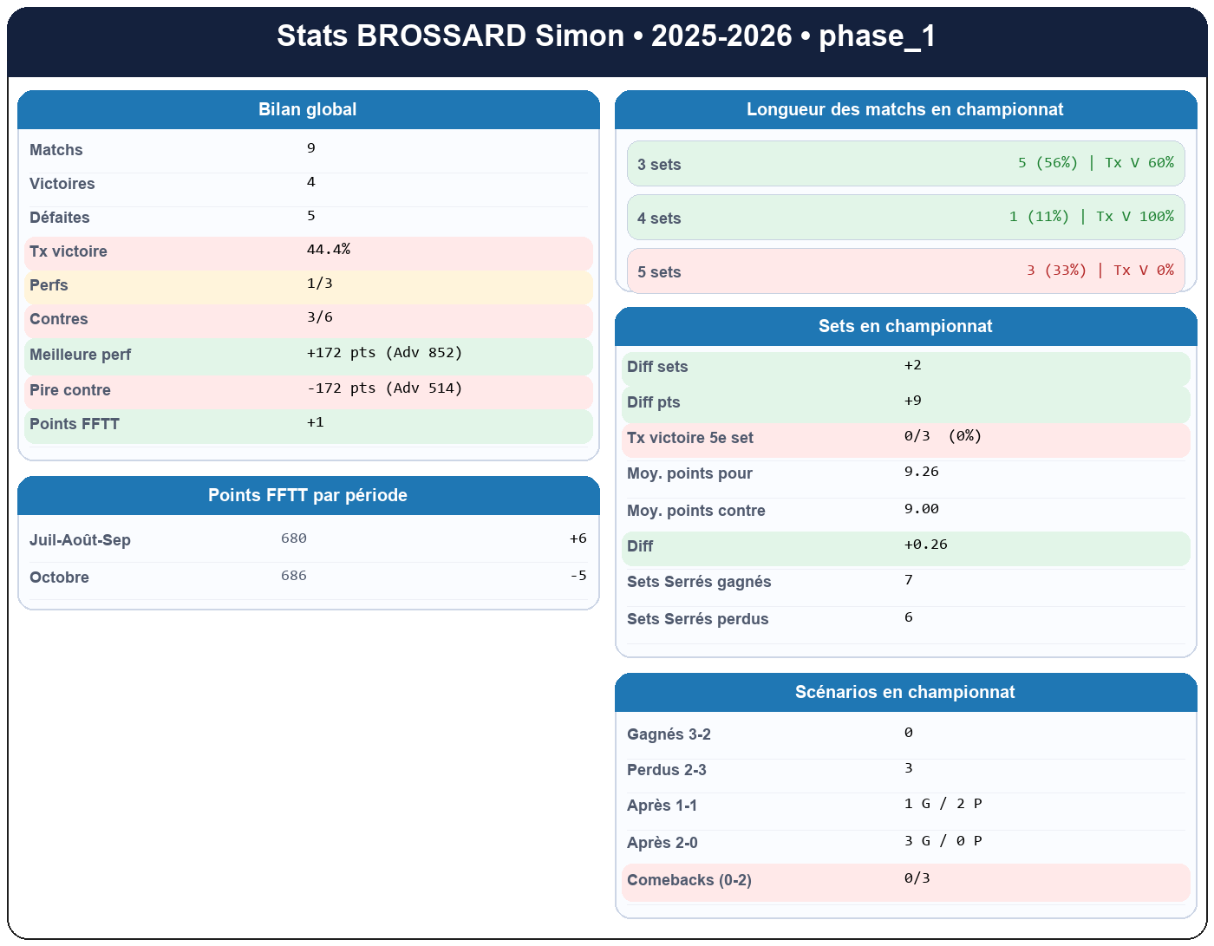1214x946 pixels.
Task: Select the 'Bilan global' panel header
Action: pyautogui.click(x=308, y=109)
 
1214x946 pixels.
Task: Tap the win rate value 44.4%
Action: pyautogui.click(x=329, y=250)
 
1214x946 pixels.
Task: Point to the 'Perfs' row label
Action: pyautogui.click(x=49, y=285)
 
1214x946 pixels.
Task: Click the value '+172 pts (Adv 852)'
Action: pyautogui.click(x=384, y=353)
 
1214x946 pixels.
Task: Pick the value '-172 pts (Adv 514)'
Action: pyautogui.click(x=384, y=388)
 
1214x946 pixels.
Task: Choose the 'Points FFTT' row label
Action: pyautogui.click(x=75, y=424)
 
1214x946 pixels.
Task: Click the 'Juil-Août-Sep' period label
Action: pyautogui.click(x=80, y=540)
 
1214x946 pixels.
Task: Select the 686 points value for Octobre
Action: pyautogui.click(x=294, y=576)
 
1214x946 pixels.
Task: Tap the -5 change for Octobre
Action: pyautogui.click(x=578, y=576)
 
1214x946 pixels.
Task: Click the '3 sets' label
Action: pyautogui.click(x=659, y=165)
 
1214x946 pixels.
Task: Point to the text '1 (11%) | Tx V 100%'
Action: pyautogui.click(x=1091, y=217)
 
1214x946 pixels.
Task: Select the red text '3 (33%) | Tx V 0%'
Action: pyautogui.click(x=1100, y=271)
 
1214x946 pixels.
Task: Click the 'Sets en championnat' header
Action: pyautogui.click(x=905, y=326)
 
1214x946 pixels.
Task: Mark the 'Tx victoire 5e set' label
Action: pyautogui.click(x=690, y=438)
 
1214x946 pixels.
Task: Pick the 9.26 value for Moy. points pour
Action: pyautogui.click(x=921, y=472)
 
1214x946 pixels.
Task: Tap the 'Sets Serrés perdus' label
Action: pyautogui.click(x=697, y=619)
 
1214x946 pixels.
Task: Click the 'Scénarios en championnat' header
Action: pyautogui.click(x=905, y=692)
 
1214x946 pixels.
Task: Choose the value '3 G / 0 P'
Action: pyautogui.click(x=943, y=841)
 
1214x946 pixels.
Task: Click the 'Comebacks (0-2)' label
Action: pyautogui.click(x=689, y=880)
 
